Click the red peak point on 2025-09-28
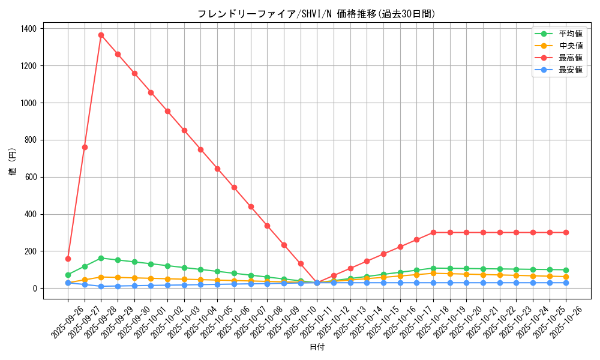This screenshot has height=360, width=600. click(x=101, y=35)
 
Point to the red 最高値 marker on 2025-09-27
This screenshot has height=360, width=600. click(x=85, y=147)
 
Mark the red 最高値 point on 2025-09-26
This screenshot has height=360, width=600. click(x=68, y=259)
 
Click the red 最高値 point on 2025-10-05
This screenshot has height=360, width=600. click(x=217, y=169)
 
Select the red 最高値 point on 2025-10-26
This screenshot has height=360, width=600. click(x=566, y=232)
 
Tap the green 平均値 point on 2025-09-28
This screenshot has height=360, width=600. click(x=101, y=258)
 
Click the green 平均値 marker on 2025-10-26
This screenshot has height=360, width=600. click(x=566, y=270)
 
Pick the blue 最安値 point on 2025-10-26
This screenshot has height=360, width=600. click(x=566, y=283)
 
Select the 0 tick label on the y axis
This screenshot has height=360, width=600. click(x=34, y=289)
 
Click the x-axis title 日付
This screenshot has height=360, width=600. click(x=317, y=347)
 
